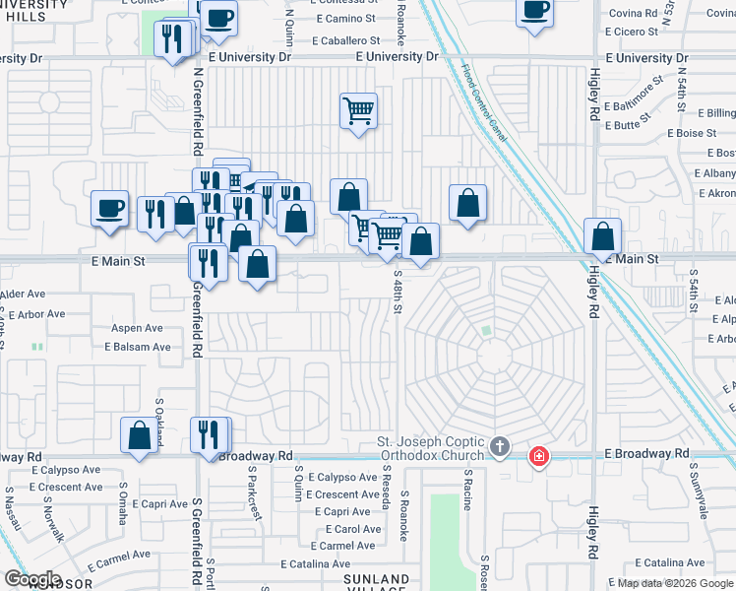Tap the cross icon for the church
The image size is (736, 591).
pos(500,448)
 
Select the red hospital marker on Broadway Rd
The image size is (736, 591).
pos(538,456)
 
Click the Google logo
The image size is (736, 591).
pos(33,579)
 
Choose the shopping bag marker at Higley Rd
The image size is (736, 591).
pos(602,237)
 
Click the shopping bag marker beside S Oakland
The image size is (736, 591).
pos(140,434)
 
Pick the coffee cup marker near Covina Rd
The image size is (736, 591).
pos(535,12)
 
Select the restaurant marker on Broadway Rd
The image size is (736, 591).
pos(210,434)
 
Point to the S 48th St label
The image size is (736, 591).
pos(398,293)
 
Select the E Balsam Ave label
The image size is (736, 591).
pos(138,347)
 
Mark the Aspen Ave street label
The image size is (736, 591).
pos(138,328)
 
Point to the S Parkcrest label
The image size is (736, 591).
pos(254,500)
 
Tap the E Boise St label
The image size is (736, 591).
pos(692,133)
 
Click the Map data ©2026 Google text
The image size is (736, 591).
pos(675,583)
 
